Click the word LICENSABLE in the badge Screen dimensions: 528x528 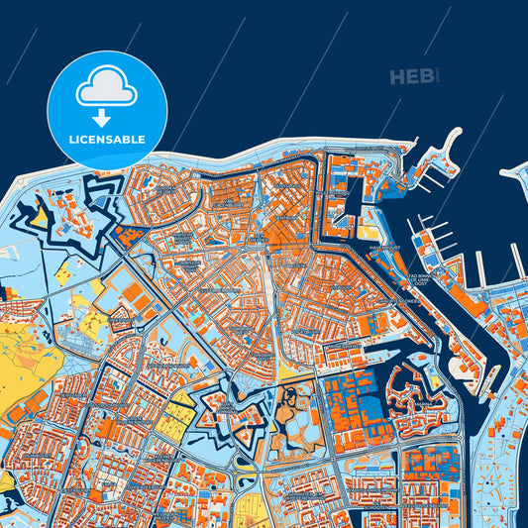(x=108, y=140)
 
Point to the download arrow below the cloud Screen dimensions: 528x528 (x=108, y=116)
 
